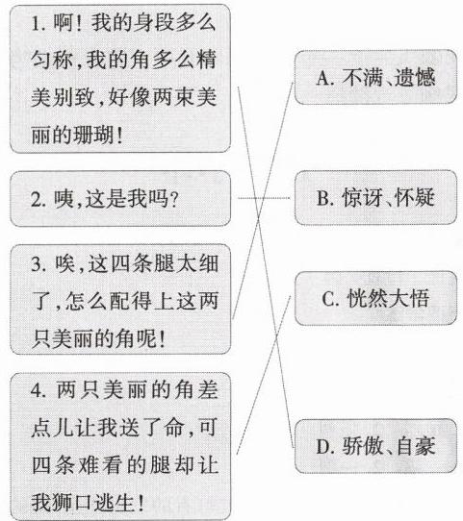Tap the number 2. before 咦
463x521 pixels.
[x=39, y=199]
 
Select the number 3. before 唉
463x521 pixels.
[x=39, y=264]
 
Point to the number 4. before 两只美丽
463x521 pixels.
[x=39, y=390]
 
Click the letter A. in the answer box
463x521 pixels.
[x=325, y=79]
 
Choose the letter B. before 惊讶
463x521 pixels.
[x=324, y=198]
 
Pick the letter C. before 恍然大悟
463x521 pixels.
[x=330, y=299]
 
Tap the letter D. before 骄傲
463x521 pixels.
[x=325, y=447]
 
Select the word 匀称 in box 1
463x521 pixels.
[x=52, y=61]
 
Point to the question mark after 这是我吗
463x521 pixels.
[x=174, y=199]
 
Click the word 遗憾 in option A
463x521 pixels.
[x=415, y=78]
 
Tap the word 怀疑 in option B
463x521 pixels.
[x=415, y=198]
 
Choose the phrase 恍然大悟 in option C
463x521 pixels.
[x=388, y=298]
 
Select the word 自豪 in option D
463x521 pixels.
[x=416, y=446]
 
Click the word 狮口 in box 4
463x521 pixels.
[x=72, y=503]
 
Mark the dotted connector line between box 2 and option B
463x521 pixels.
[x=264, y=198]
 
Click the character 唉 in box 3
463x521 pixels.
[x=64, y=263]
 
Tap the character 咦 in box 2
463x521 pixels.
[x=64, y=199]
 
